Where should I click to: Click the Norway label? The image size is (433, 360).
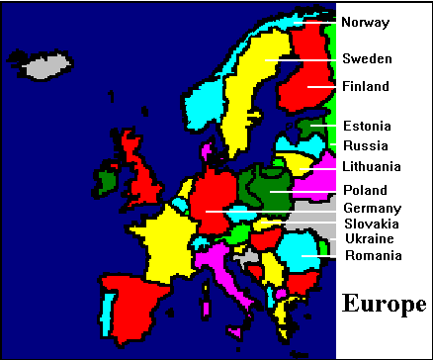point(365,22)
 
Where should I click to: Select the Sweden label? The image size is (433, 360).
point(367,58)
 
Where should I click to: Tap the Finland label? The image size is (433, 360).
point(366,86)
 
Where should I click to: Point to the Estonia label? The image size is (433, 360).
point(367,126)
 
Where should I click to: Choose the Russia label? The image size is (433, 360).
point(365,145)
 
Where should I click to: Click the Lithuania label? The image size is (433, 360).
point(371,166)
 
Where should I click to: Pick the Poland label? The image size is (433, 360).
point(365,189)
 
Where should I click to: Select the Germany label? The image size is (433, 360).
point(372,208)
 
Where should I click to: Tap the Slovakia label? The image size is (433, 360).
point(371,224)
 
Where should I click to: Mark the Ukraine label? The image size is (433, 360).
point(369,238)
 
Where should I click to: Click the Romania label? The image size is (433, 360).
point(372,255)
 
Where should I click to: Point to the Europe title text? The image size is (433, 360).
point(385,304)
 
